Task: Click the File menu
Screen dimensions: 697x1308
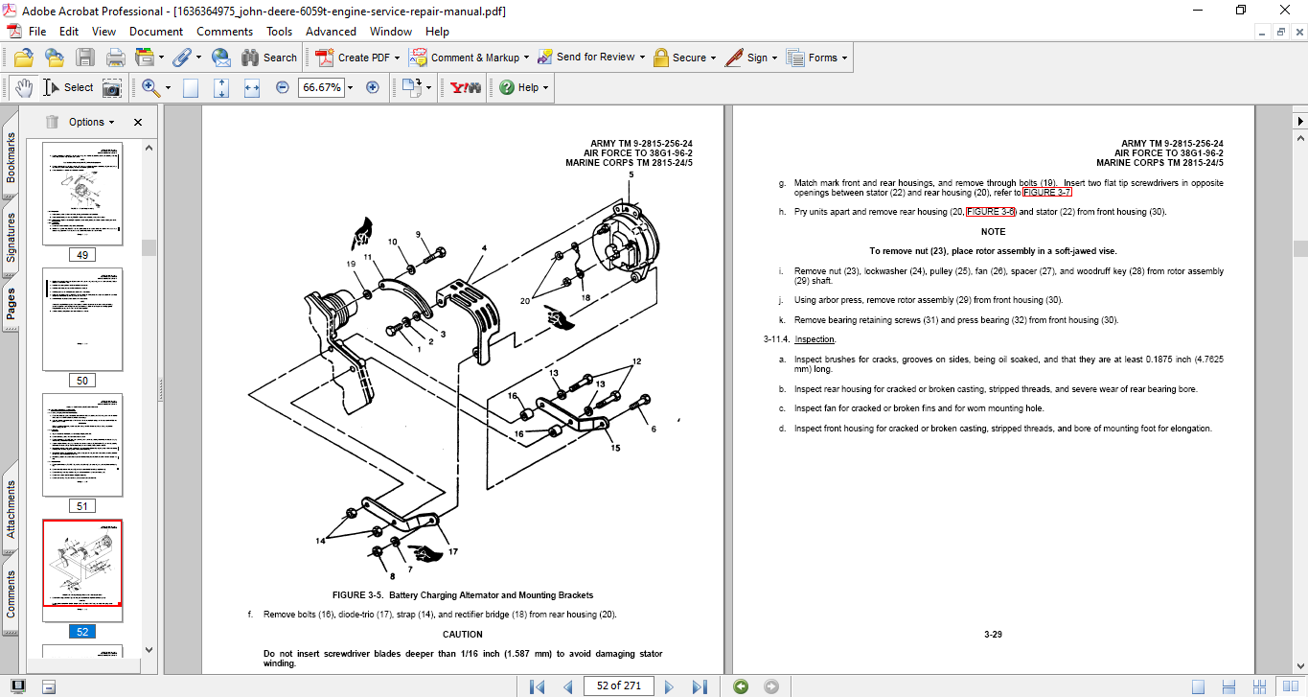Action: (37, 32)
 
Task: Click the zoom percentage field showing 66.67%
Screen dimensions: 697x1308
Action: (322, 87)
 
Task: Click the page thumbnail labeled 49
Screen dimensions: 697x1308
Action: (82, 195)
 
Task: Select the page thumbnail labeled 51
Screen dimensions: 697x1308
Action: (82, 445)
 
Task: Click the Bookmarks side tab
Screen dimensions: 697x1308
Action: (11, 157)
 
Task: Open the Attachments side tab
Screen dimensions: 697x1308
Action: (11, 508)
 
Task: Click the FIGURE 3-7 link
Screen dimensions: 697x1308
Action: (1046, 193)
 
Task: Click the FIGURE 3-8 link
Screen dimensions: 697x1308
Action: (990, 212)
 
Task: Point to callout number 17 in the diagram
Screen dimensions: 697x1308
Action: (452, 551)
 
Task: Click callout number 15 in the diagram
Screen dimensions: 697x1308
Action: (614, 448)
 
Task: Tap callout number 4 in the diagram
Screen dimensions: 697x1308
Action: (484, 248)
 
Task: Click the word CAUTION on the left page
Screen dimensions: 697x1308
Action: (462, 634)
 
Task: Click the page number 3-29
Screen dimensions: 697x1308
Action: (993, 634)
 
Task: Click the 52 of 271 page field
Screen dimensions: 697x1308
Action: (618, 685)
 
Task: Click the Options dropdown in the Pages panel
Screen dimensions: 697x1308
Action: (92, 122)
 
